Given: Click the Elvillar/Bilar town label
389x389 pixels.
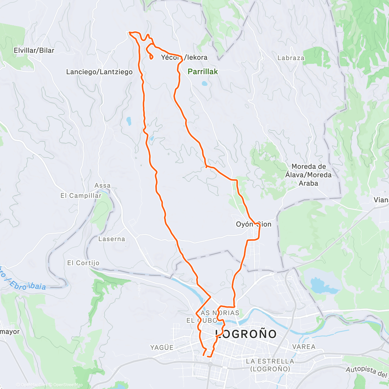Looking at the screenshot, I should pos(34,50).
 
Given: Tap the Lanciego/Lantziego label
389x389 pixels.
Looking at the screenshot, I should pos(99,72).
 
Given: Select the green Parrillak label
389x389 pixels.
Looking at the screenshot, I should pos(203,72).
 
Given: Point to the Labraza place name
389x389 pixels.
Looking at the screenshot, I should pos(291,58).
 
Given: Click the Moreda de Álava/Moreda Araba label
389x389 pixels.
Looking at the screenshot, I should pos(308,175).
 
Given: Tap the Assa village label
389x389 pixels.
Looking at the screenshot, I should pos(102,185).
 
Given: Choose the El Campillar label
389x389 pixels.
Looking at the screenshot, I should pos(81,195).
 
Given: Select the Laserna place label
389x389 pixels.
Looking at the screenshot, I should pos(112,239).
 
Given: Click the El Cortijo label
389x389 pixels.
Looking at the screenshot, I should pos(83,263).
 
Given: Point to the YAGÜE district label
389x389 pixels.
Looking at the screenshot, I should pos(162,348).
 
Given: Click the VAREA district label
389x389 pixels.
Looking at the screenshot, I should pos(304,347).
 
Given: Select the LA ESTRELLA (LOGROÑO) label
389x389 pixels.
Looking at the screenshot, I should pos(270,365).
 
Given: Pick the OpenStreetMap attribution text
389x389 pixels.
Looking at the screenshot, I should pos(68,385).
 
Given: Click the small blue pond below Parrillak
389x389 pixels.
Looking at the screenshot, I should pos(204,83).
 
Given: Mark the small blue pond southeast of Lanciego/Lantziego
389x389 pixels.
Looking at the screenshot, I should pos(129,121).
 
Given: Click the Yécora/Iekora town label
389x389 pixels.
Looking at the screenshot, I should pos(184,57).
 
